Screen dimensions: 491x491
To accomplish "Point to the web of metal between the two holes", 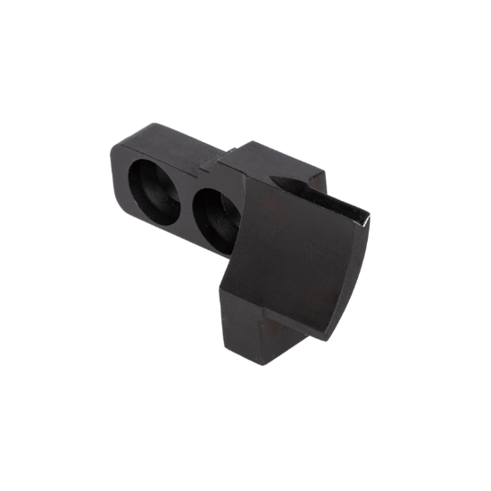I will point(184,198).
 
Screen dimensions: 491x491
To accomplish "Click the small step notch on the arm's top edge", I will point(209,163).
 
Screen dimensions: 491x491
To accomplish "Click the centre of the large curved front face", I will point(299,259).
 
